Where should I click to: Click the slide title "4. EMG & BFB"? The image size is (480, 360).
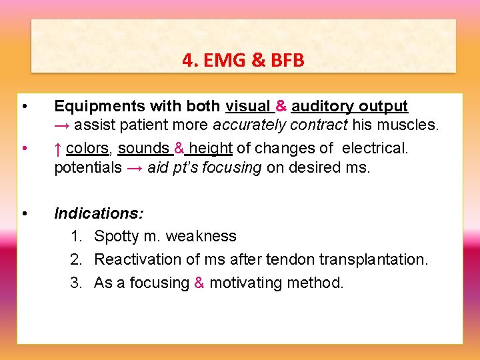[x=243, y=61]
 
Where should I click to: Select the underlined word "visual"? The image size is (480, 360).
[x=247, y=106]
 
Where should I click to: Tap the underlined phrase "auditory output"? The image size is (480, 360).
[x=349, y=106]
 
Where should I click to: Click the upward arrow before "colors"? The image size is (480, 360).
[x=58, y=147]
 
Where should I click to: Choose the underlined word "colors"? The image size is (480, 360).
[x=87, y=147]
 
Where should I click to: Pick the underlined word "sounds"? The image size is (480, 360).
[x=143, y=147]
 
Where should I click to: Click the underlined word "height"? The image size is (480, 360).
[x=211, y=147]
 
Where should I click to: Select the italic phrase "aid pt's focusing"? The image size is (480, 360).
[x=205, y=167]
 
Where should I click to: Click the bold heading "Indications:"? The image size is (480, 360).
[x=97, y=213]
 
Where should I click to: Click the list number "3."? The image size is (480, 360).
[x=77, y=283]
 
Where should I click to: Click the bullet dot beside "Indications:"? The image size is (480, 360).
[x=24, y=213]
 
